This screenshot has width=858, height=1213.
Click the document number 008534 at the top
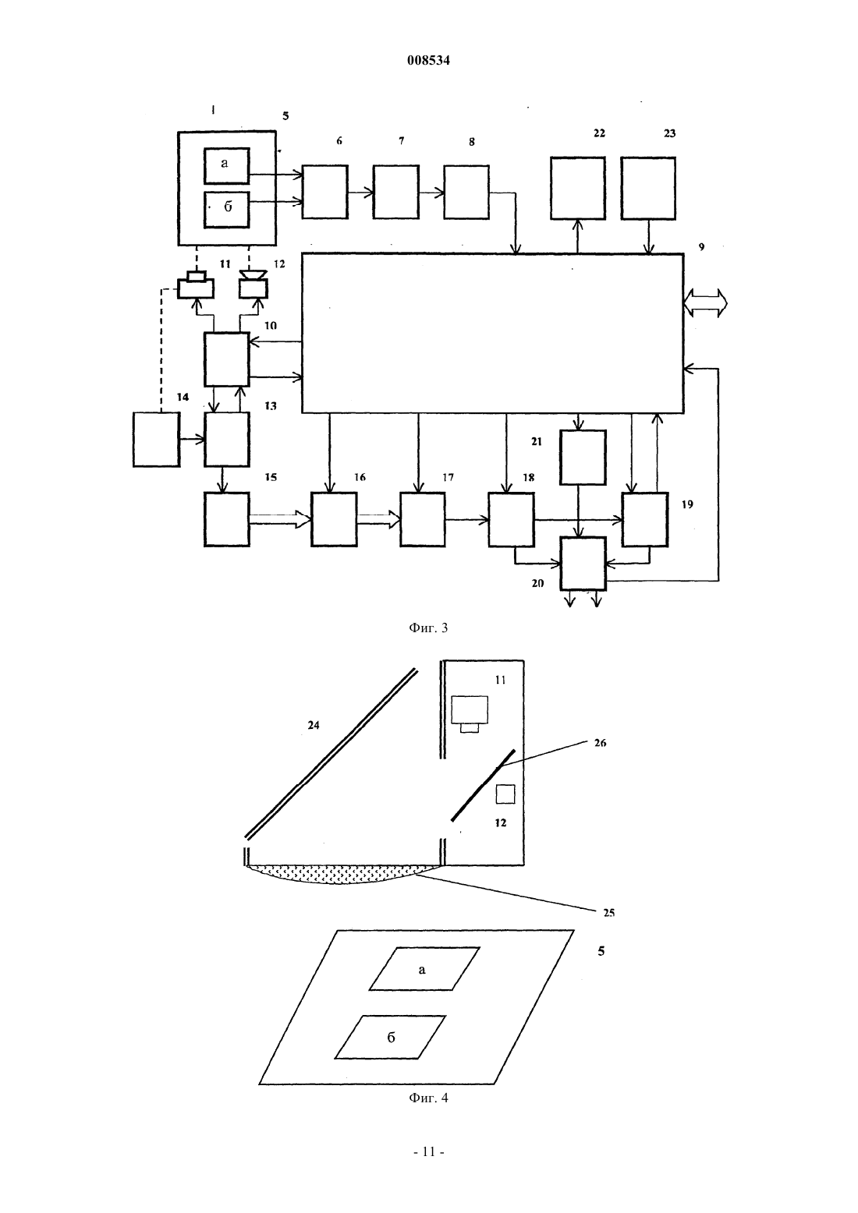pyautogui.click(x=428, y=60)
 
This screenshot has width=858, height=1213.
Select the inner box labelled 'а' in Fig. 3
pyautogui.click(x=226, y=166)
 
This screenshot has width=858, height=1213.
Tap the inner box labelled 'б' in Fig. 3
pyautogui.click(x=226, y=209)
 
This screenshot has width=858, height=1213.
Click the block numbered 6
pyautogui.click(x=324, y=192)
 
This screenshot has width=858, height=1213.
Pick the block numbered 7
pyautogui.click(x=395, y=192)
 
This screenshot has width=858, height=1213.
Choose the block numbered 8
pyautogui.click(x=466, y=192)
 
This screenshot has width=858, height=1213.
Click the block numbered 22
pyautogui.click(x=577, y=189)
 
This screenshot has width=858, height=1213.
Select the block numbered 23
pyautogui.click(x=648, y=189)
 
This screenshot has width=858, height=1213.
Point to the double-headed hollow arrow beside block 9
pyautogui.click(x=705, y=303)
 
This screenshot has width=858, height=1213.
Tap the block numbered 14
pyautogui.click(x=156, y=439)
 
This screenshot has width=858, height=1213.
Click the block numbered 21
pyautogui.click(x=583, y=457)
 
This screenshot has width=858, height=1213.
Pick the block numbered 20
pyautogui.click(x=583, y=563)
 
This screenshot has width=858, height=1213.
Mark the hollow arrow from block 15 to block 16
pyautogui.click(x=280, y=519)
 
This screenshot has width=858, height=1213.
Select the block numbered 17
pyautogui.click(x=423, y=519)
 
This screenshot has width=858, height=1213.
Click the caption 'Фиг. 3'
pyautogui.click(x=428, y=628)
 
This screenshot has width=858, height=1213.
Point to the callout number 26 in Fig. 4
pyautogui.click(x=600, y=743)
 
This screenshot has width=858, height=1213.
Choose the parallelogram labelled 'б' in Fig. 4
pyautogui.click(x=390, y=1037)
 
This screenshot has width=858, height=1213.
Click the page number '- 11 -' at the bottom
pyautogui.click(x=428, y=1152)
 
